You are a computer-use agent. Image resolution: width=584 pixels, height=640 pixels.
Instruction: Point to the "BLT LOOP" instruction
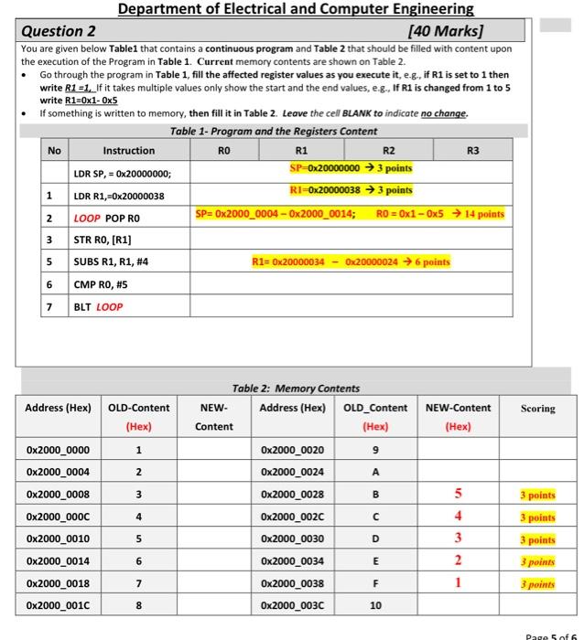(x=98, y=307)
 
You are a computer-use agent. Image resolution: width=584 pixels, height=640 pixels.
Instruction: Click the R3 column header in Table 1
(x=473, y=149)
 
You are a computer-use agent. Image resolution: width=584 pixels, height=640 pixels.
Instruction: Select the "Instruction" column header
(x=128, y=150)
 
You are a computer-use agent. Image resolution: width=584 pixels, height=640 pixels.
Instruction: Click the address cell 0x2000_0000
(x=58, y=450)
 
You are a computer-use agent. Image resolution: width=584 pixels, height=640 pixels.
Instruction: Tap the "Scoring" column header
(x=537, y=408)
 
